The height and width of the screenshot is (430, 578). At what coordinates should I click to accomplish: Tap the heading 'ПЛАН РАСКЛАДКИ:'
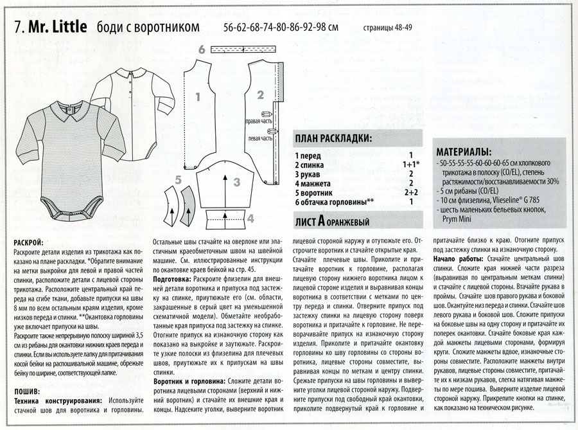click(x=333, y=139)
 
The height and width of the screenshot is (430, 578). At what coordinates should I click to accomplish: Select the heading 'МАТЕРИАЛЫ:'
click(x=464, y=152)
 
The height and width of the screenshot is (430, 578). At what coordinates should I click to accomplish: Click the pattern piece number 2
click(x=261, y=95)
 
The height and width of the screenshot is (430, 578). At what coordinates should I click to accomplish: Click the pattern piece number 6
click(x=202, y=49)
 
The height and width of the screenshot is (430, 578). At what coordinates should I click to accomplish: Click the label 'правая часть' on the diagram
click(x=257, y=121)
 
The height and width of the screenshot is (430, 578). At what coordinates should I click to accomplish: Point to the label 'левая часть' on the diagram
click(x=258, y=138)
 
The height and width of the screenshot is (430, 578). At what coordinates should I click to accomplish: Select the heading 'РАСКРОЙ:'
click(x=28, y=243)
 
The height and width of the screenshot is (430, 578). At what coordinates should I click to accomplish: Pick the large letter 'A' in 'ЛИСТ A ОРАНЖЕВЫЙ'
click(x=320, y=221)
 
